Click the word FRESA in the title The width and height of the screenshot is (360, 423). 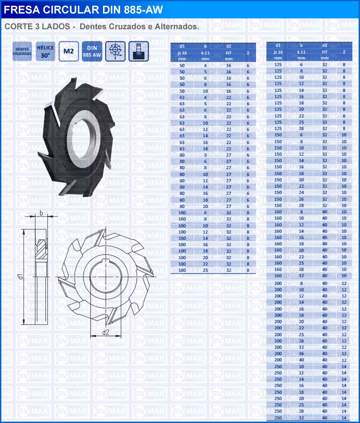22,10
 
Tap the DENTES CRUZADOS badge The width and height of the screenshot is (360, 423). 22,51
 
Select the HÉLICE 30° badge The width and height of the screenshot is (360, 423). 45,51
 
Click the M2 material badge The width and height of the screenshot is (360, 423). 68,51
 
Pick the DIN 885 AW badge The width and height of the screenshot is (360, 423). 92,51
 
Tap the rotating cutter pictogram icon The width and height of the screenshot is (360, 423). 115,51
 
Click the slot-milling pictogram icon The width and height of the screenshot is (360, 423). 139,51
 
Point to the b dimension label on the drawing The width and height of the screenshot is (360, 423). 41,213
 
